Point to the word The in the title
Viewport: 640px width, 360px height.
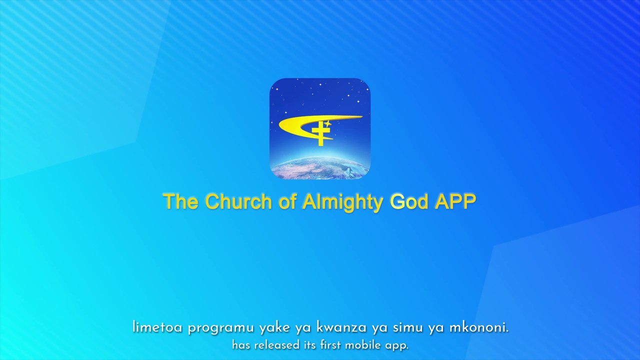180,201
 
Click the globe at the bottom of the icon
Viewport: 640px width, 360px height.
320,168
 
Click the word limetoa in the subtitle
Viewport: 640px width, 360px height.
157,328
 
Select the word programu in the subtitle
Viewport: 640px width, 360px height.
221,329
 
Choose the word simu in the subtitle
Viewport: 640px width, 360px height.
407,328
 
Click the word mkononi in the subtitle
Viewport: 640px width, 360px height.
479,328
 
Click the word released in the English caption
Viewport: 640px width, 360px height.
274,345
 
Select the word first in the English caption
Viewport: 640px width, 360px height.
330,345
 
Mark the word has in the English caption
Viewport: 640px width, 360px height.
241,345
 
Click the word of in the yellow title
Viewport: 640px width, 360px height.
287,201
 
